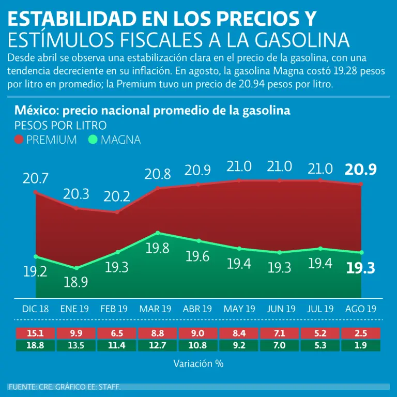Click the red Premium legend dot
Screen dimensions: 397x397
click(x=19, y=140)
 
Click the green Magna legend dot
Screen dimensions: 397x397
click(x=93, y=140)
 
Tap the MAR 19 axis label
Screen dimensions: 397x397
click(x=155, y=309)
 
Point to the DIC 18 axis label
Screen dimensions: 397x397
click(x=36, y=309)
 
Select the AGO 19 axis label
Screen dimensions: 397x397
click(x=361, y=309)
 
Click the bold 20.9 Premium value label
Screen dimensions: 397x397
click(x=361, y=169)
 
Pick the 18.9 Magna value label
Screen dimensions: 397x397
click(x=76, y=282)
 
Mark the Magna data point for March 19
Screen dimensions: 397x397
click(x=158, y=233)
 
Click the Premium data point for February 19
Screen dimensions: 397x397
click(x=117, y=212)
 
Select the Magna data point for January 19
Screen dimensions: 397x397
click(x=77, y=268)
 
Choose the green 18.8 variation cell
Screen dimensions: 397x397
click(x=36, y=345)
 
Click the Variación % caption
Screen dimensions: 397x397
click(x=198, y=363)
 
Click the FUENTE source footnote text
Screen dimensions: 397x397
click(x=65, y=387)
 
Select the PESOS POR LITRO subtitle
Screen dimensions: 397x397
click(x=60, y=125)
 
